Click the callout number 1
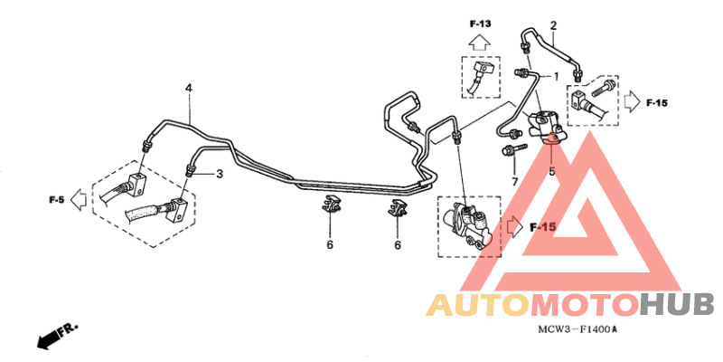click(556, 76)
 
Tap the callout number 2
click(553, 25)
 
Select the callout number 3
click(220, 174)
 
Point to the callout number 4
click(189, 88)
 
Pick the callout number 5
click(552, 172)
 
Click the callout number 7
click(515, 182)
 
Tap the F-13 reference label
click(481, 24)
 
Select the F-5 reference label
click(56, 200)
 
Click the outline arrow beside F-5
click(79, 200)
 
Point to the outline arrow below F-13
click(480, 43)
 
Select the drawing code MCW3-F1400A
click(577, 329)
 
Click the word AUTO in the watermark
click(477, 306)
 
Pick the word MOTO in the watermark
click(584, 306)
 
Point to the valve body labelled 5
click(547, 126)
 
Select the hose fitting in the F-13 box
click(480, 75)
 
